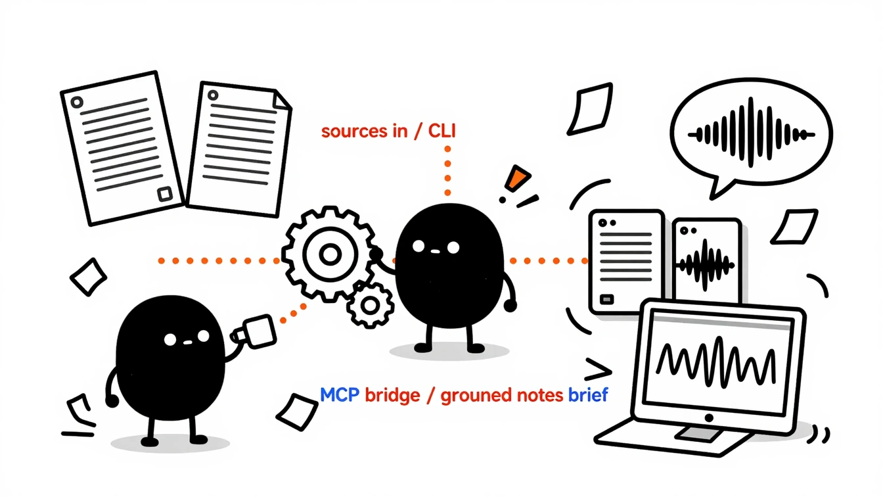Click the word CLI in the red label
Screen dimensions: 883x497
442,131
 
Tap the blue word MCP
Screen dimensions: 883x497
340,395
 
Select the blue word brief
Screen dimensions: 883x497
588,395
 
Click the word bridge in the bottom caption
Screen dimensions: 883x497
392,396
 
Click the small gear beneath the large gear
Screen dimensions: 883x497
370,305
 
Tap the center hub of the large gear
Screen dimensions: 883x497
330,254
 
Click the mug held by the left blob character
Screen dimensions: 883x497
256,332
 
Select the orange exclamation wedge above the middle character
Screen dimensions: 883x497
516,178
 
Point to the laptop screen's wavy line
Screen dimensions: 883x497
715,362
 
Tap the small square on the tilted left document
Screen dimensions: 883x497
164,194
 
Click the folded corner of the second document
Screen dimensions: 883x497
283,99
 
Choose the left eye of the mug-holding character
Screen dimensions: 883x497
170,339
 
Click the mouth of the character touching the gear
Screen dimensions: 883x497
435,251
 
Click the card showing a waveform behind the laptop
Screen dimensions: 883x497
706,260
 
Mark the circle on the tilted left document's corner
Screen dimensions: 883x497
77,102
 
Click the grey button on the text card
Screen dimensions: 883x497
606,299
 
